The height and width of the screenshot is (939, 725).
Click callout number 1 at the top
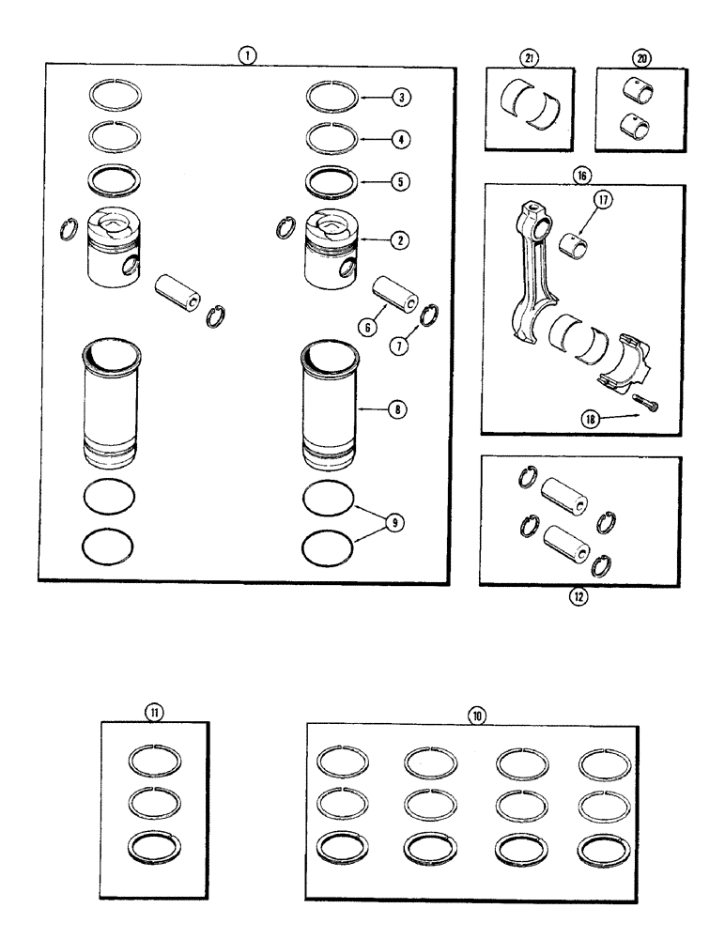244,55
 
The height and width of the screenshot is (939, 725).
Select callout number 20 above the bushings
642,58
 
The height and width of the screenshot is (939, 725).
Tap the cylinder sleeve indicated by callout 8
329,408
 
